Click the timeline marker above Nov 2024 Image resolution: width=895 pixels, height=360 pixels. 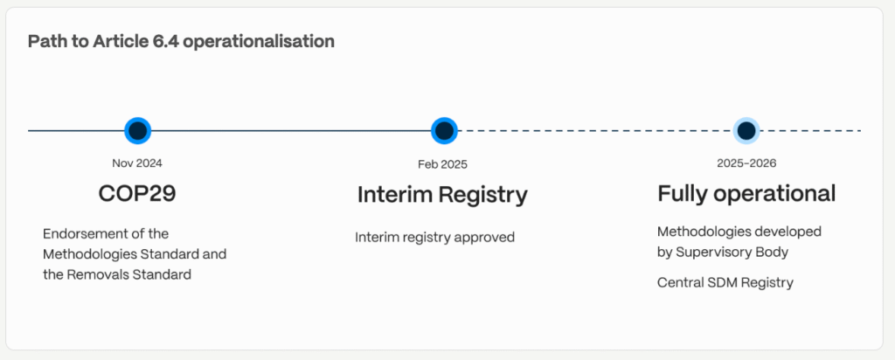(x=137, y=131)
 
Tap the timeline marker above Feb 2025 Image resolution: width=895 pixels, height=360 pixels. (x=444, y=131)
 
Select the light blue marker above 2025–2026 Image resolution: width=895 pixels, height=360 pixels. (x=746, y=131)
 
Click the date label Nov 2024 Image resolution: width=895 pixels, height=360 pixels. (x=137, y=163)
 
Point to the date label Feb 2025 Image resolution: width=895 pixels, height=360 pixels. (x=442, y=164)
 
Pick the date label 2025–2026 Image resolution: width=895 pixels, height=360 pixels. (x=746, y=163)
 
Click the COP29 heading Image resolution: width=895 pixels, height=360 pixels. (x=137, y=193)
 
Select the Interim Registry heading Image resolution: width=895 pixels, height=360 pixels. (x=442, y=195)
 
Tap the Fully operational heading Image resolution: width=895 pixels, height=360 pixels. (x=746, y=194)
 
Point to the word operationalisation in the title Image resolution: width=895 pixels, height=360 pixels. (x=259, y=42)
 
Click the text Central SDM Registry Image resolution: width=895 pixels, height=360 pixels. (x=725, y=282)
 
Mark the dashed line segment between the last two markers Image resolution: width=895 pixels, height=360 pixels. (x=594, y=131)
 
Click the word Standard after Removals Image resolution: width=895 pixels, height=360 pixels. (x=162, y=274)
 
